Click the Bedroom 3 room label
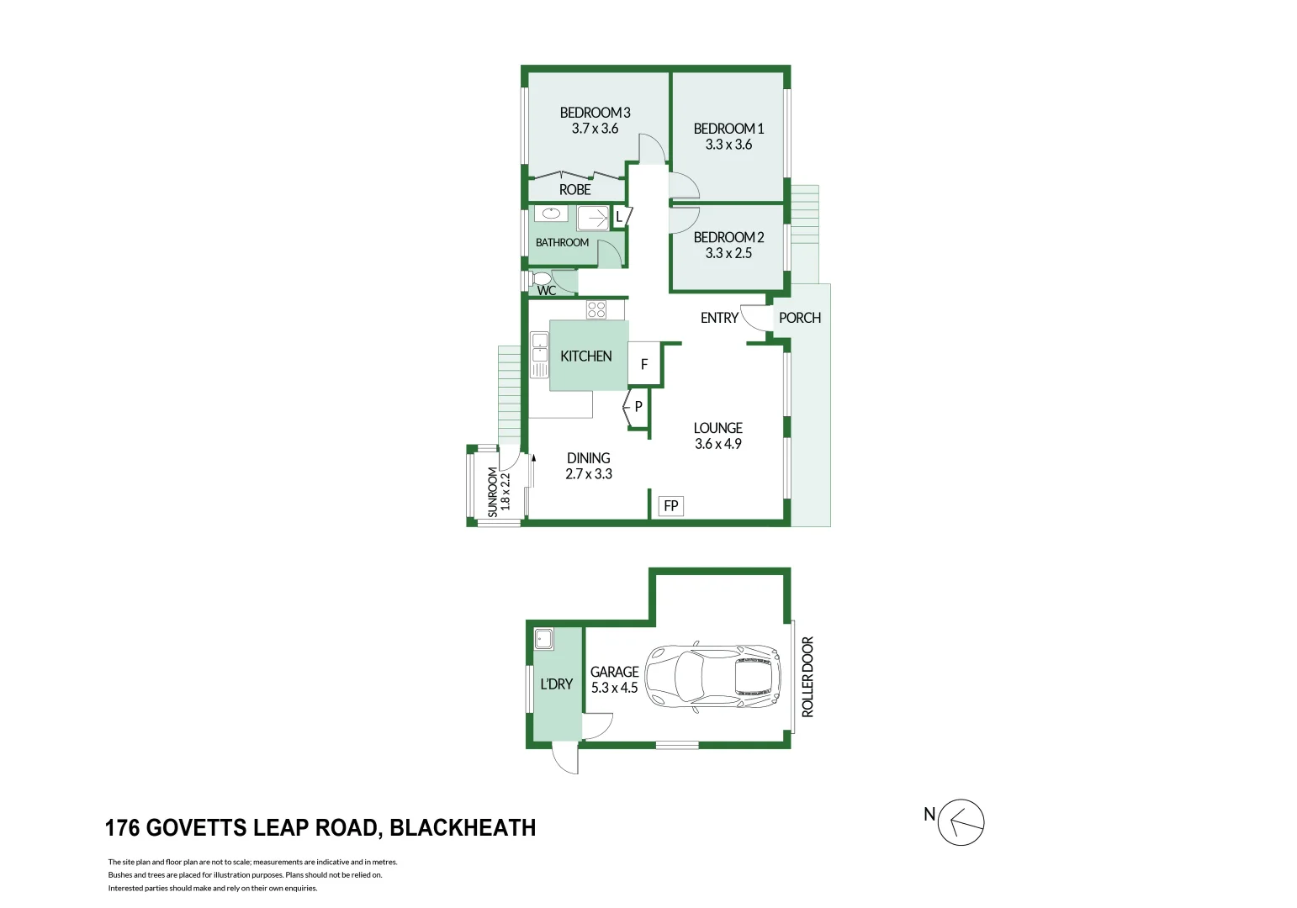(x=595, y=113)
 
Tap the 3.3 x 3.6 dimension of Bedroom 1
(x=728, y=145)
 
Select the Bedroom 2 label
(x=728, y=237)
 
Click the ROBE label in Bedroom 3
(x=575, y=190)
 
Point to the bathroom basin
(x=551, y=214)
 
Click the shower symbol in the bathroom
(x=593, y=219)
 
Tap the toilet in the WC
(x=541, y=278)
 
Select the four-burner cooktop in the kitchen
(x=596, y=309)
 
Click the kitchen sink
(x=539, y=349)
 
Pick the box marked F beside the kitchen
(x=644, y=364)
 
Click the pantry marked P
(x=637, y=407)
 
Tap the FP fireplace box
(x=670, y=506)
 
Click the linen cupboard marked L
(x=620, y=217)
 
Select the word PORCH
(x=799, y=318)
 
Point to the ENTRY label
(x=719, y=318)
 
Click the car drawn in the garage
(x=712, y=678)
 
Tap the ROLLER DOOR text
(x=807, y=677)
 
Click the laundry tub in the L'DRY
(x=543, y=639)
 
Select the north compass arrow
(x=961, y=822)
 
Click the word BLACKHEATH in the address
(x=463, y=828)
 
